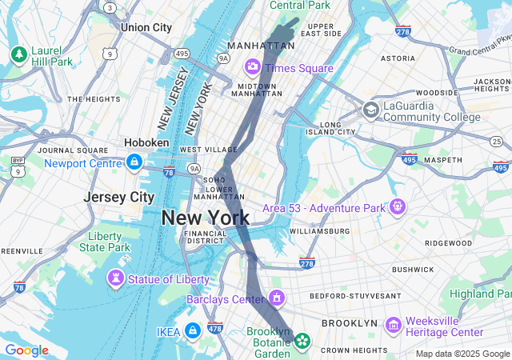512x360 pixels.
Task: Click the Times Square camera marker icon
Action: coord(253,66)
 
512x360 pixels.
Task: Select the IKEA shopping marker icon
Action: coord(192,330)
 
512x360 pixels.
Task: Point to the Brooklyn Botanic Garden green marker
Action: coord(302,342)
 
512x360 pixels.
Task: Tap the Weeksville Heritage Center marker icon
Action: coord(393,325)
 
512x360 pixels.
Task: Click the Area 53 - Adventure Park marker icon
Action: coord(398,206)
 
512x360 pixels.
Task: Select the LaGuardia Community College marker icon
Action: coord(371,110)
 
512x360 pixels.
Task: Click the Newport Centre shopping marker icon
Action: coord(134,162)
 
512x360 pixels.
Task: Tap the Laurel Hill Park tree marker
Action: coord(18,54)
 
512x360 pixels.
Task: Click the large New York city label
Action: coord(206,218)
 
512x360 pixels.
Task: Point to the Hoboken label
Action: coord(146,142)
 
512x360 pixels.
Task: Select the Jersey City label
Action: coord(119,197)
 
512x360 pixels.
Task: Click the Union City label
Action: coord(146,27)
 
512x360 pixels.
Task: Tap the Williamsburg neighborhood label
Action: coord(319,231)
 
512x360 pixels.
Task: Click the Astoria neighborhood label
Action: coord(398,58)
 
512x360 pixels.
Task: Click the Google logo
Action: coord(26,350)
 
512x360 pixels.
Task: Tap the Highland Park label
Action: coord(480,294)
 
